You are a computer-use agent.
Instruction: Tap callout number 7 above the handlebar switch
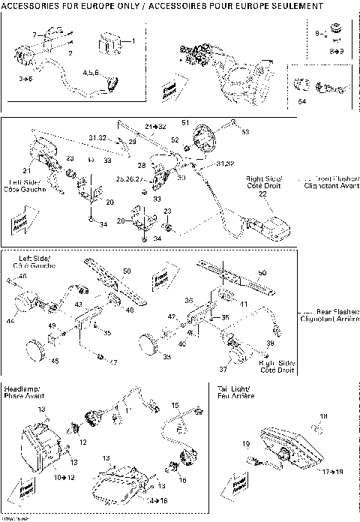coord(34,36)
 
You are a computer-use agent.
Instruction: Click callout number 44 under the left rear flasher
coord(10,320)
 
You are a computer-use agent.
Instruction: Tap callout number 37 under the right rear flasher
coord(223,369)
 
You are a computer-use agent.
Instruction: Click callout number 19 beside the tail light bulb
coord(245,445)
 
